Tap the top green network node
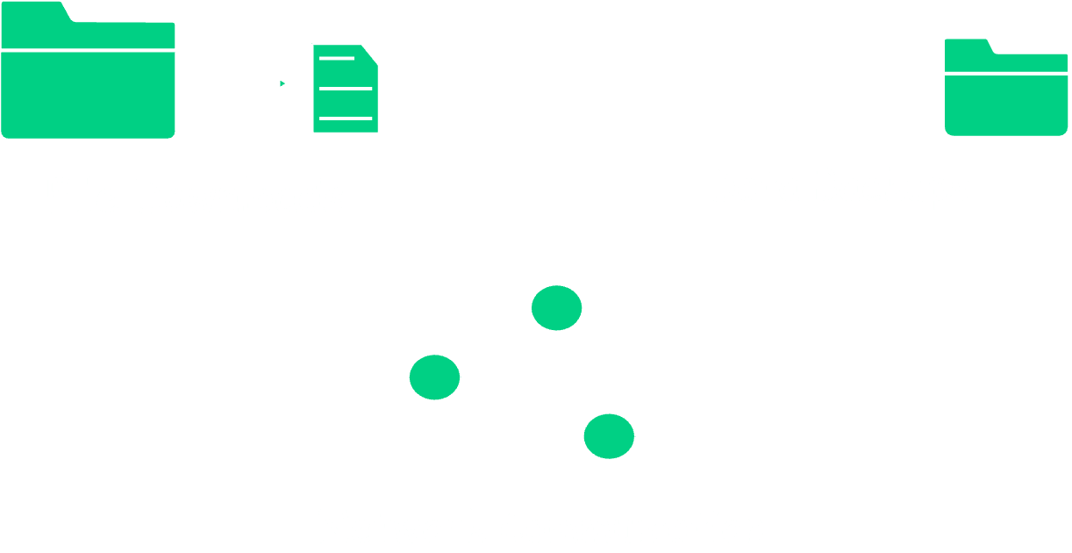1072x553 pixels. (x=556, y=308)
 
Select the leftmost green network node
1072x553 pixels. (x=434, y=377)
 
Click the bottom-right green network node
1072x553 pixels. (x=609, y=436)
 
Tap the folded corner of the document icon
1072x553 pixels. (x=372, y=54)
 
